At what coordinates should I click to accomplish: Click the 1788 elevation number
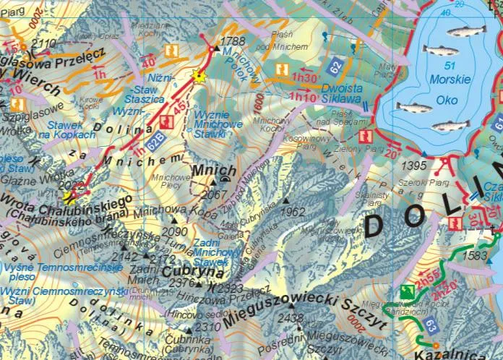[233, 41]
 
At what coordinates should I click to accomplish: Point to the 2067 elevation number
[215, 194]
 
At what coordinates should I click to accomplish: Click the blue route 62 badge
[335, 67]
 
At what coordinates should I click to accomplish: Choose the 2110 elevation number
[44, 44]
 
